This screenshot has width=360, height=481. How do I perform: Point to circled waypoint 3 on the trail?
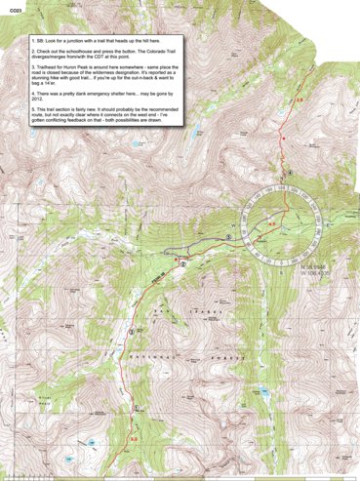(x=132, y=334)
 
